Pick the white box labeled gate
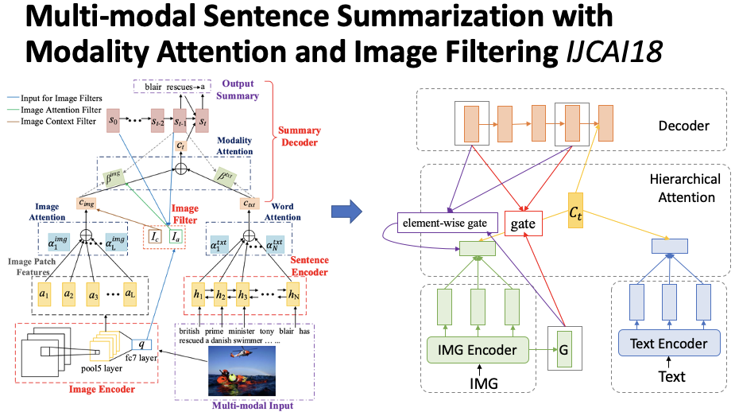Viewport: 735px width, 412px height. coord(523,224)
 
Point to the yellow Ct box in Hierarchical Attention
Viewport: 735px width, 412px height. coord(576,213)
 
